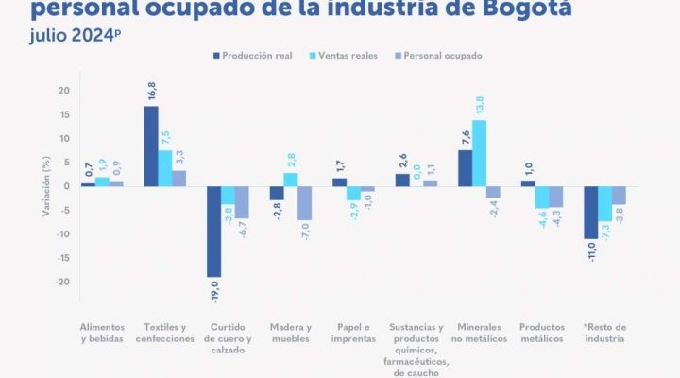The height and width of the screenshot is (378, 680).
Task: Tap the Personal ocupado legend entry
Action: click(437, 56)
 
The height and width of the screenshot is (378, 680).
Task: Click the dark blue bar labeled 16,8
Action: click(151, 146)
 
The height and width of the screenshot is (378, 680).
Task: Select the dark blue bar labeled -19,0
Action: click(213, 232)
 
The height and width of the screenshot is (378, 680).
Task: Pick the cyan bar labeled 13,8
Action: click(480, 152)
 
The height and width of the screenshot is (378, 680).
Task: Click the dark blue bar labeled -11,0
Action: click(591, 212)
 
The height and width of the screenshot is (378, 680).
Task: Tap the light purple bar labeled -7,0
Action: click(304, 202)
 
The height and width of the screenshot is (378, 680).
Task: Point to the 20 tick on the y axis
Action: click(64, 91)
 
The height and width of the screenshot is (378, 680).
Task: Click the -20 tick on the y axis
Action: click(62, 282)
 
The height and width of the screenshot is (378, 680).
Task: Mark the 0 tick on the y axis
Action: click(67, 186)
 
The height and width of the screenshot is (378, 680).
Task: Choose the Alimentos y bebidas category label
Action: click(101, 333)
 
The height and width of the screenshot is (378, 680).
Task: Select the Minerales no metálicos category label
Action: click(480, 333)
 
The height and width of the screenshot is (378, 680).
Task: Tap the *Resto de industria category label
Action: click(605, 333)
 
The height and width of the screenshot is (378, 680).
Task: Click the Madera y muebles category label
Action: click(290, 333)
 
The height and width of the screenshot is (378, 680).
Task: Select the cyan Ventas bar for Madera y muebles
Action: click(291, 180)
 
